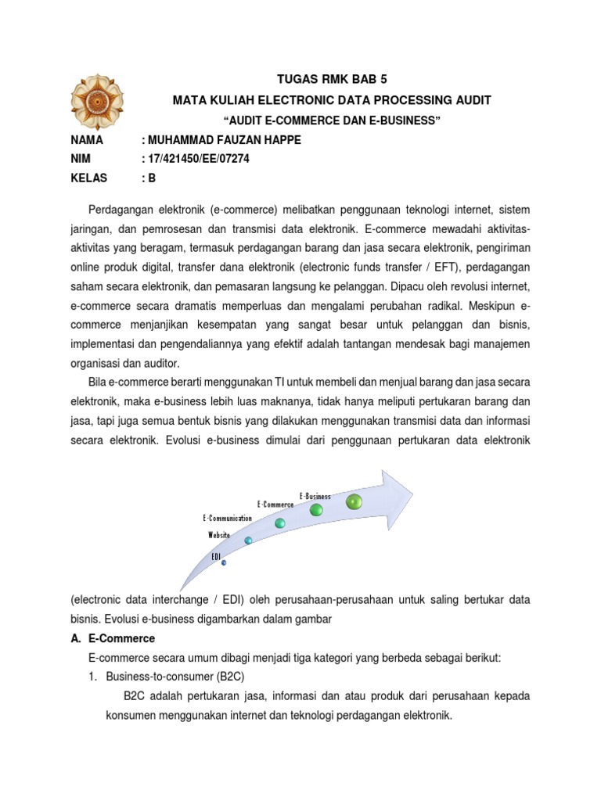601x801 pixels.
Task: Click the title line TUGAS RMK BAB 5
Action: (x=333, y=80)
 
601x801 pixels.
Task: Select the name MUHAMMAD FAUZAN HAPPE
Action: (x=221, y=140)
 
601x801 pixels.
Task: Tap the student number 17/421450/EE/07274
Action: (x=200, y=159)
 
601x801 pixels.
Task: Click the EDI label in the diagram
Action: (x=217, y=555)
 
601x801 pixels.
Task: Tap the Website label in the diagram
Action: (x=219, y=535)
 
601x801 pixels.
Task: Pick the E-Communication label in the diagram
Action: (x=227, y=518)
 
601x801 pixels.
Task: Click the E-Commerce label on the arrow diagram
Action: (x=275, y=505)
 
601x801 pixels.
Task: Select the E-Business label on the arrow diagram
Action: (x=315, y=496)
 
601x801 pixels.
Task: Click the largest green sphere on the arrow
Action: (x=354, y=501)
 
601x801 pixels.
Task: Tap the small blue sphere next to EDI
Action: (x=224, y=562)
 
